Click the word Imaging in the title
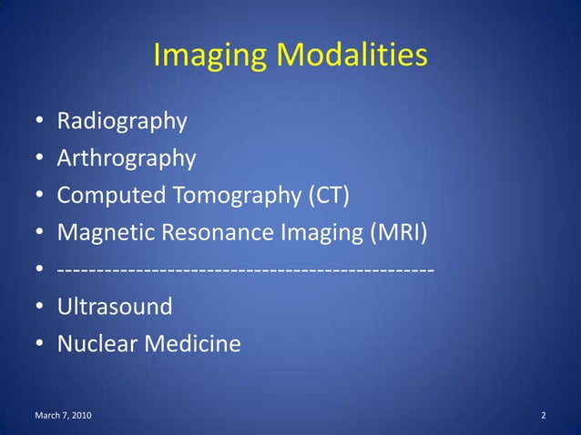coord(209,56)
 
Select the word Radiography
coord(122,121)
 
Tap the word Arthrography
coord(127,158)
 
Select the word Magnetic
coord(106,233)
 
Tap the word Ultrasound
coord(115,307)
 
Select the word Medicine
coord(193,345)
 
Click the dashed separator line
coord(245,270)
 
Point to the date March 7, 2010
coord(62,416)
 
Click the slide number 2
coord(543,416)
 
